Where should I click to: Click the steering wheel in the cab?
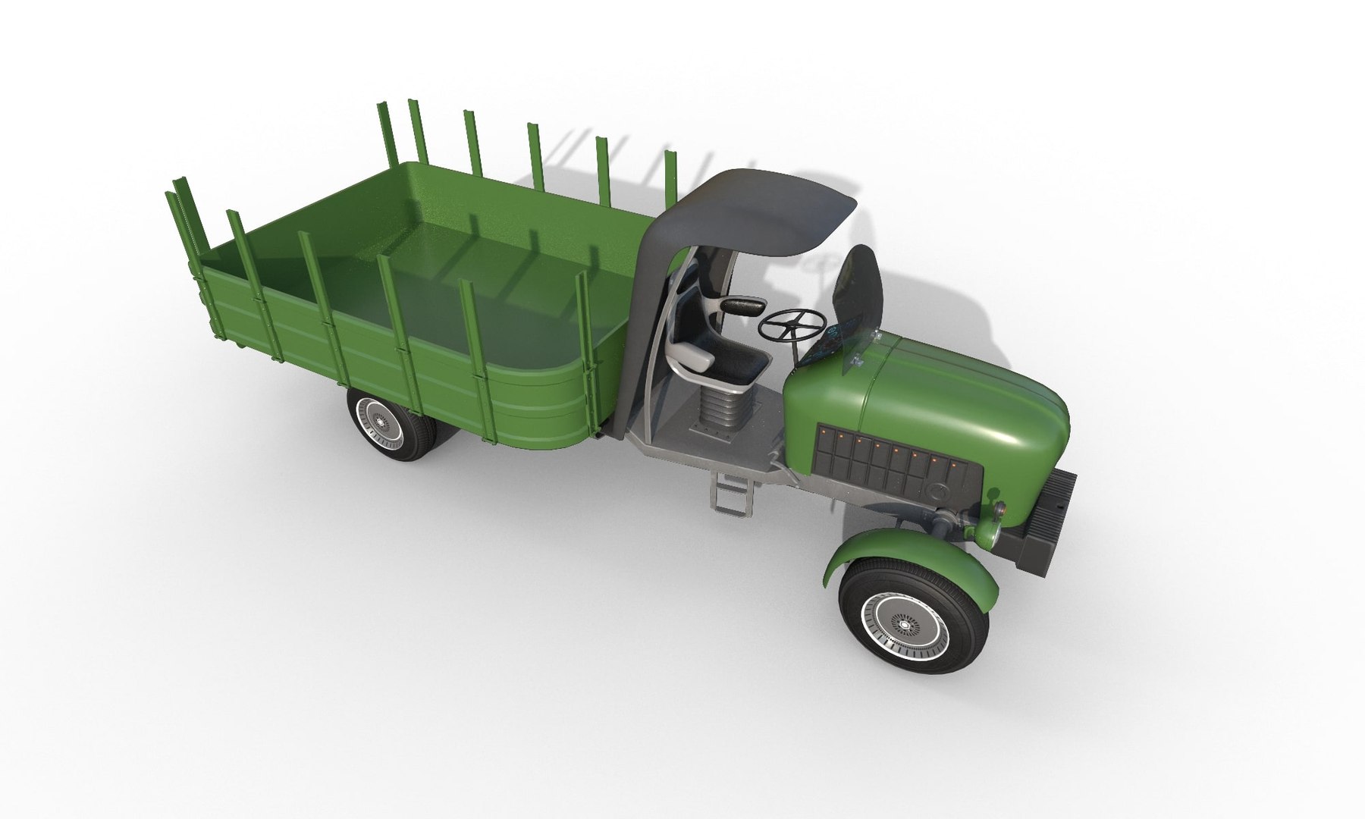point(792,327)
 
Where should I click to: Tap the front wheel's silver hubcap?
point(904,623)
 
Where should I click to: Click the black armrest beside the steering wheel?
point(743,305)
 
